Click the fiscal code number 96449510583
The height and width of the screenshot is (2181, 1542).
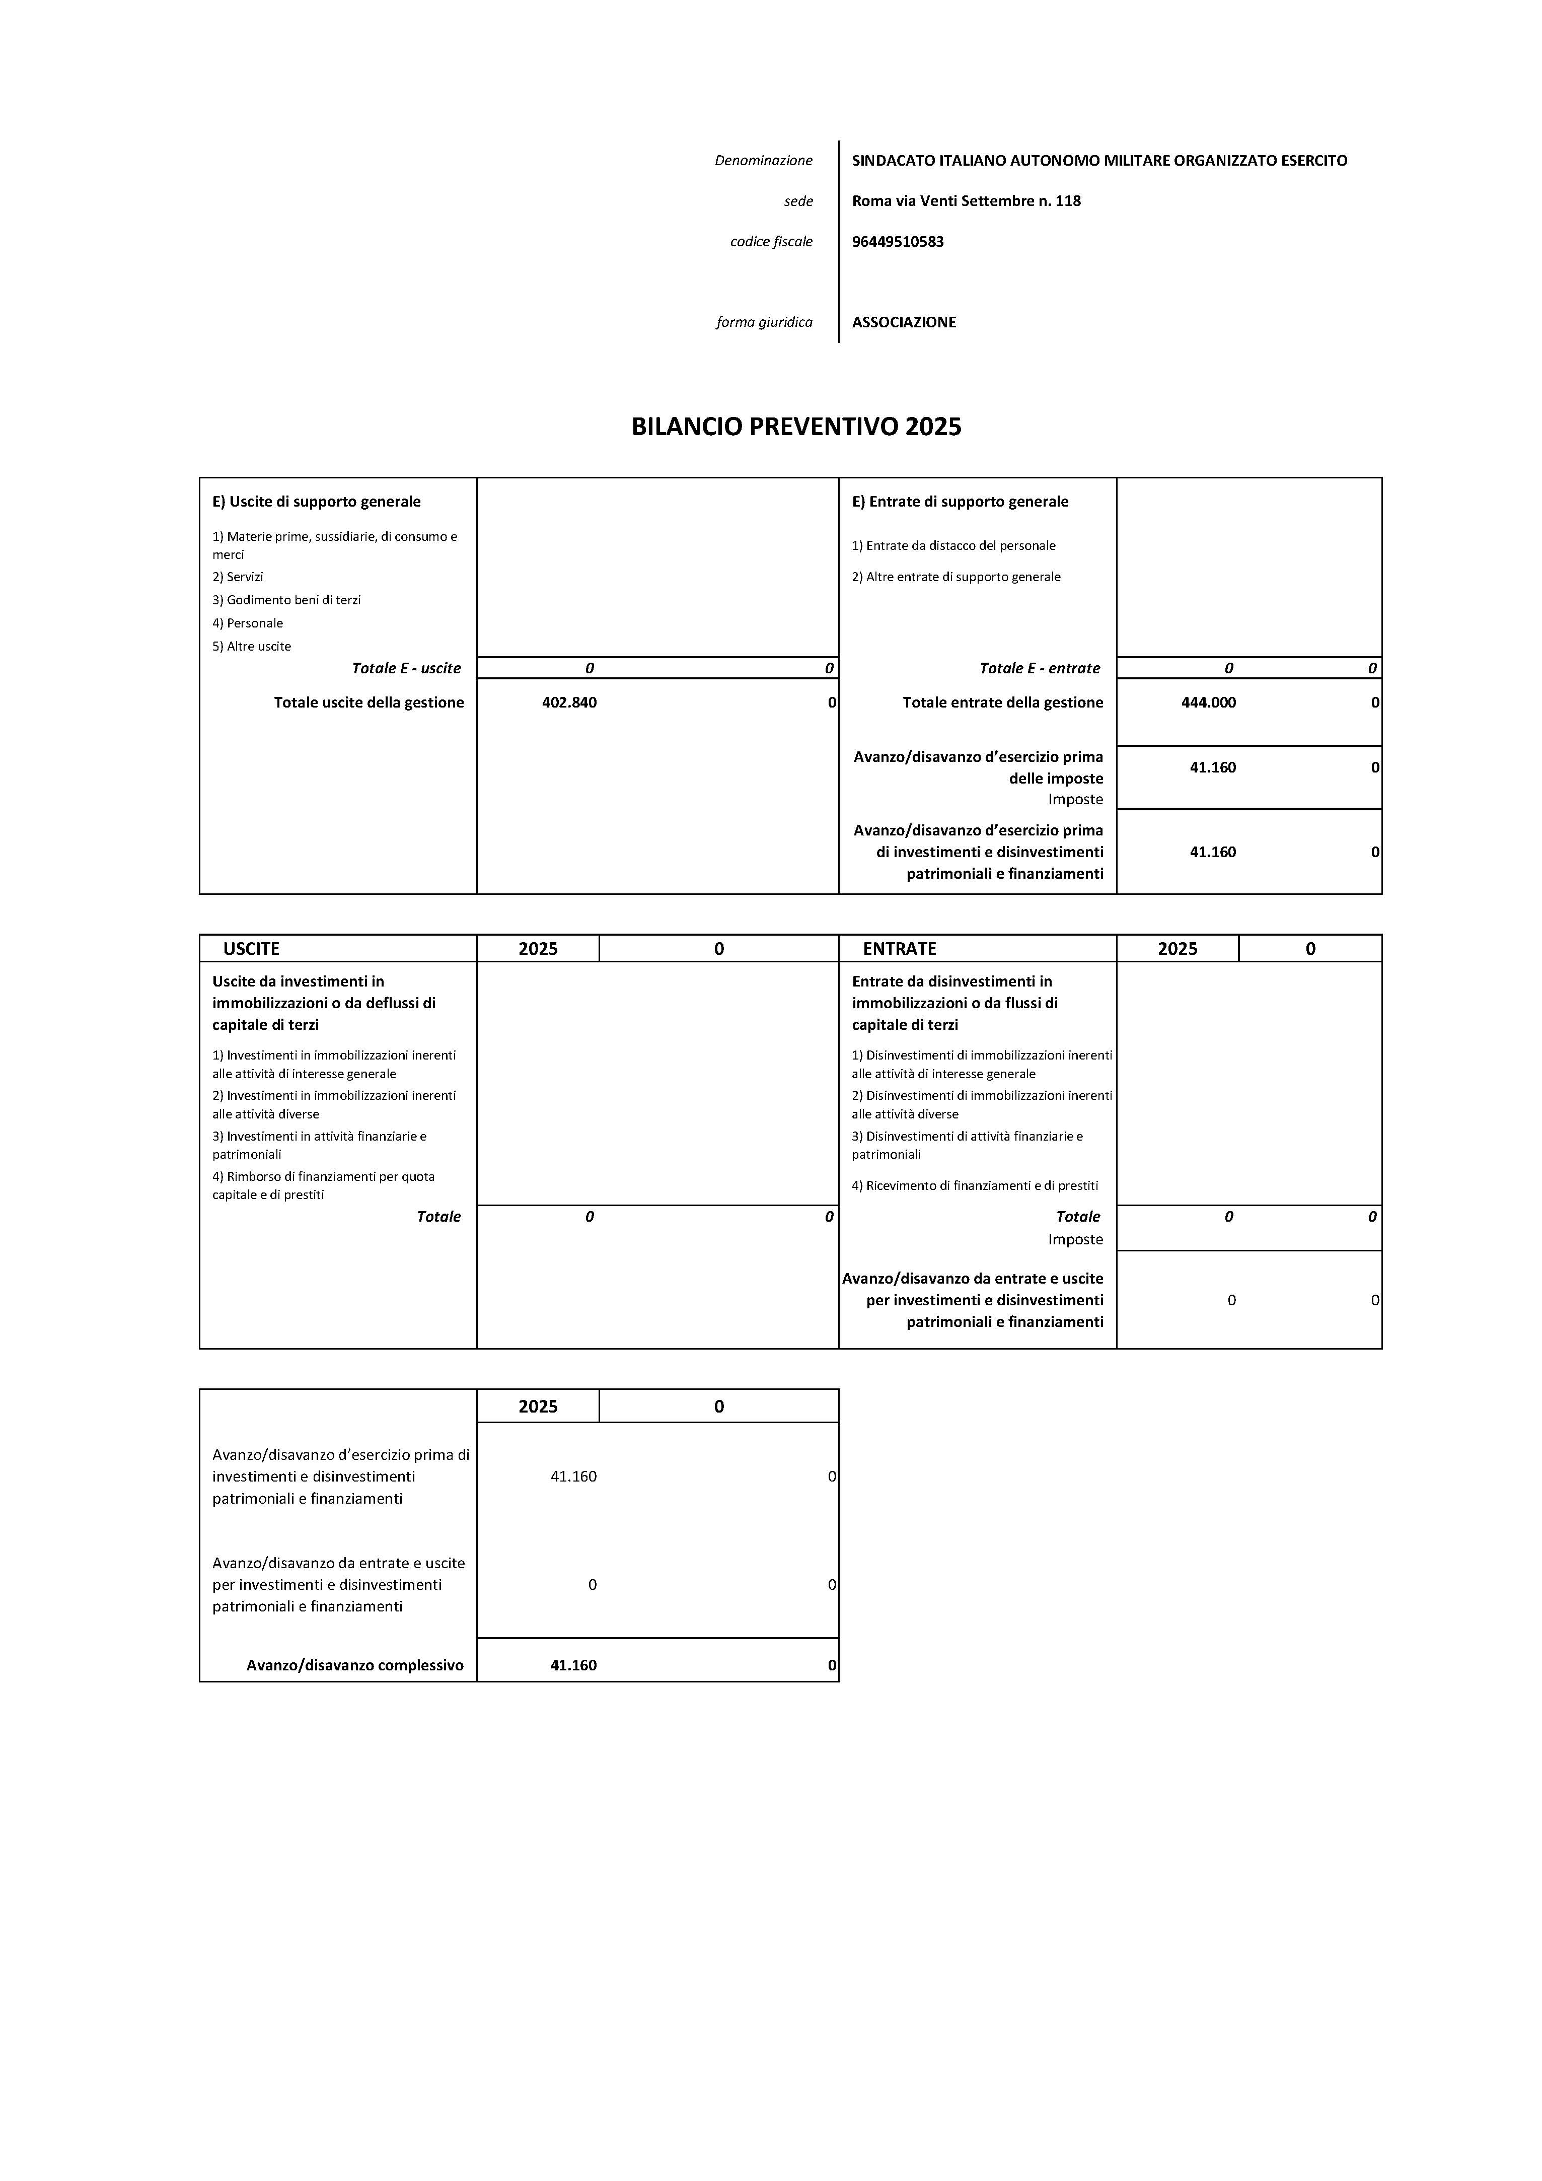897,241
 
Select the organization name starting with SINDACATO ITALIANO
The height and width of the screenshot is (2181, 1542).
1098,161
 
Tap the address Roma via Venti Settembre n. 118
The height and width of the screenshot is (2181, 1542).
966,200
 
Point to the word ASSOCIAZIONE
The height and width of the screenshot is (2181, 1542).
903,322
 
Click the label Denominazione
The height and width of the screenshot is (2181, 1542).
763,161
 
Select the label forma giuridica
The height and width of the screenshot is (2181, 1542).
764,322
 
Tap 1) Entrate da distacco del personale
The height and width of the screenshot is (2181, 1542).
953,545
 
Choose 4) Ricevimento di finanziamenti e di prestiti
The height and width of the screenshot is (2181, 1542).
974,1185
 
